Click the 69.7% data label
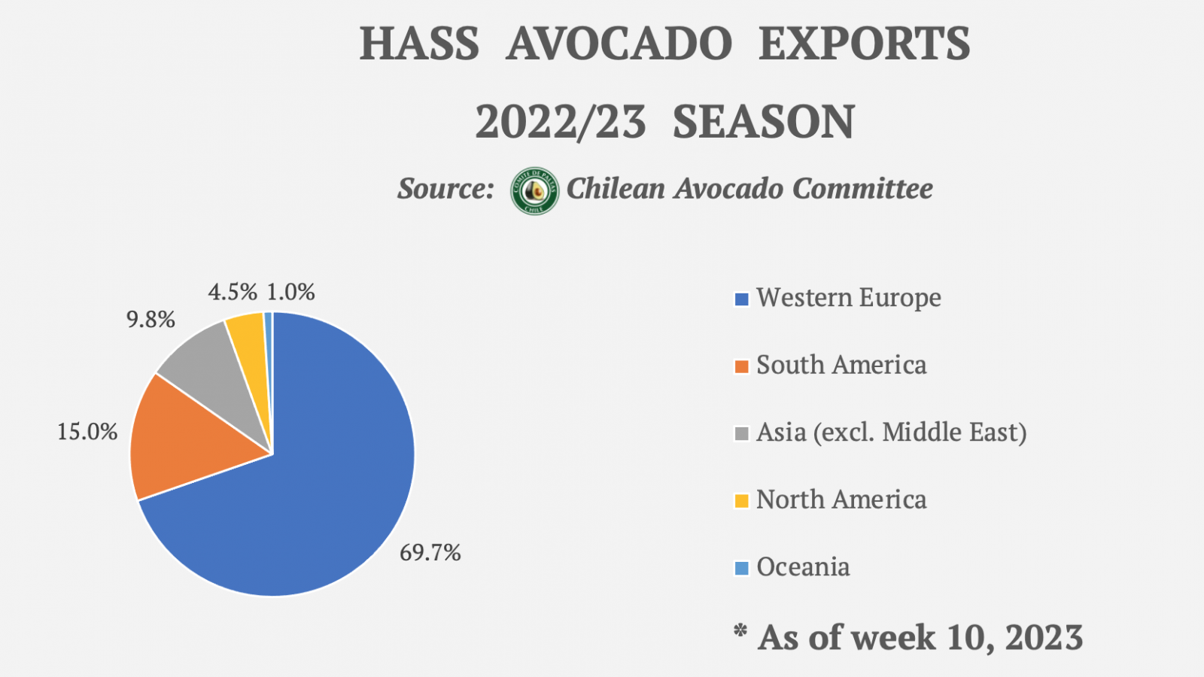(430, 553)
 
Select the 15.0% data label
(87, 432)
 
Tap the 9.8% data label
(150, 320)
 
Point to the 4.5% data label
(233, 292)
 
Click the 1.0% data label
(290, 292)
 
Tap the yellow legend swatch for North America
(742, 501)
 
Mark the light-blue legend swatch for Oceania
(742, 568)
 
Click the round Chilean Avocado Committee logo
(534, 191)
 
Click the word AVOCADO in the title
(619, 44)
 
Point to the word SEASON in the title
(763, 122)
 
